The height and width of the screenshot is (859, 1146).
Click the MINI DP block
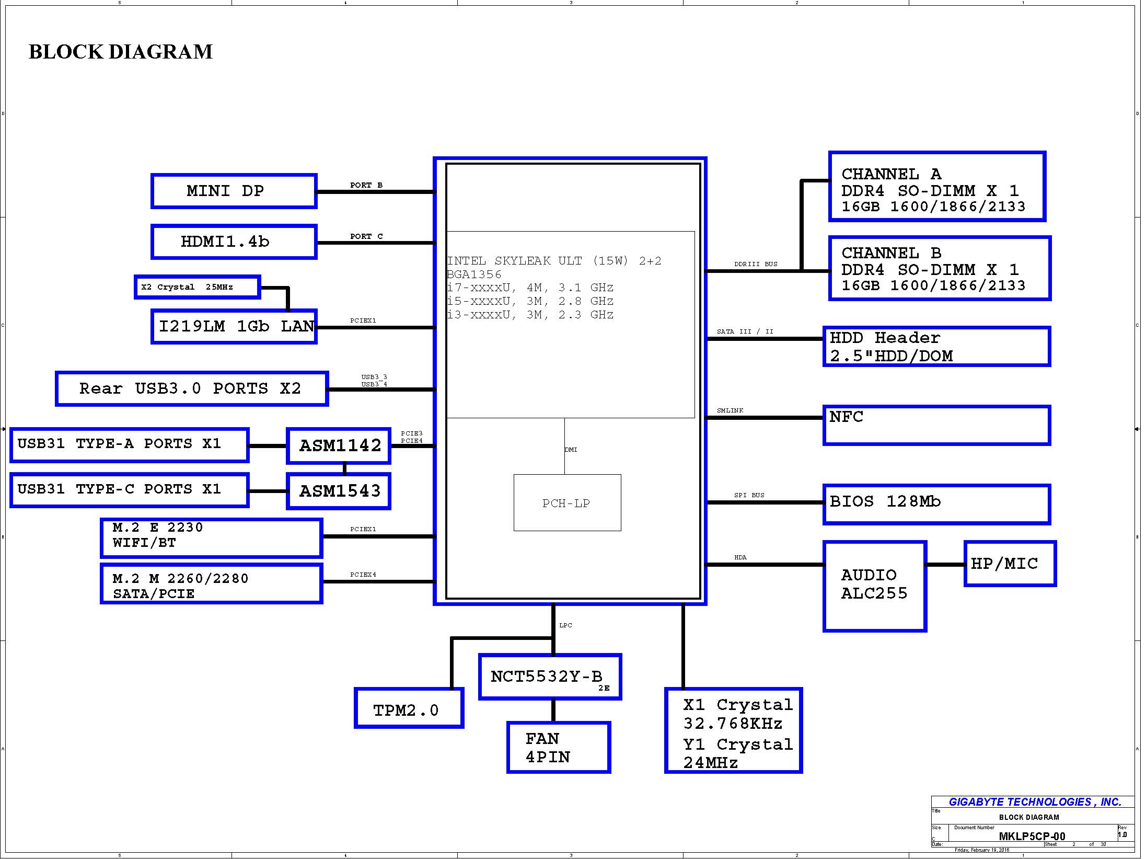click(x=234, y=191)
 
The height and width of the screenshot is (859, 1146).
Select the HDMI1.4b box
click(x=234, y=242)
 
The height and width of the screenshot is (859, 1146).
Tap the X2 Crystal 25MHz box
click(x=197, y=287)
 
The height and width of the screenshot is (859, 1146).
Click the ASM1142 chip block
click(x=339, y=446)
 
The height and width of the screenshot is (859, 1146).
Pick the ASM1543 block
click(x=339, y=491)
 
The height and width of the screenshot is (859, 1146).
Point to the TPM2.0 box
click(x=409, y=708)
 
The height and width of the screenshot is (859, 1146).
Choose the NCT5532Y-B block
click(x=550, y=677)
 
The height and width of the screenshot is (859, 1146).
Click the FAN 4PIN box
click(x=559, y=748)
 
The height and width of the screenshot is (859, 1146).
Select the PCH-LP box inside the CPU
click(x=567, y=503)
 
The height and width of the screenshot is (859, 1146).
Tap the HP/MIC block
click(x=1010, y=564)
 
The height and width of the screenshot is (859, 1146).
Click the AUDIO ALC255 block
click(x=875, y=586)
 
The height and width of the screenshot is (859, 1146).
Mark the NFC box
click(x=936, y=425)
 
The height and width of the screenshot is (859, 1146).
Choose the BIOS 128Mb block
click(x=936, y=504)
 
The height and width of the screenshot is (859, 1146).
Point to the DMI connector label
click(x=571, y=450)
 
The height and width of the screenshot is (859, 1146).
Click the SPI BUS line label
click(x=749, y=495)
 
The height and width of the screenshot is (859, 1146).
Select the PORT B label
click(x=366, y=185)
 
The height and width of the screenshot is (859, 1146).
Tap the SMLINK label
click(x=730, y=410)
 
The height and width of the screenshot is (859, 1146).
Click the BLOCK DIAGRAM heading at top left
click(x=121, y=52)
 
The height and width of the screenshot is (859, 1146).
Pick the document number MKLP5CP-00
click(x=1032, y=837)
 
